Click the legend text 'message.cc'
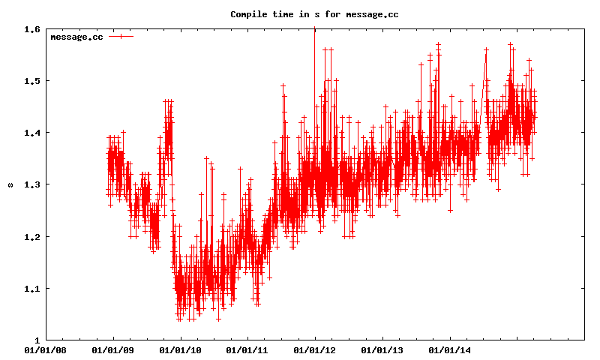coord(76,37)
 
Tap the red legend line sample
coord(121,37)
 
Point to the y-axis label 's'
coord(10,184)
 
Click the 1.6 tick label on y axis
coord(32,29)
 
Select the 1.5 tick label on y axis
coord(32,81)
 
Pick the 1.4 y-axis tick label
coord(32,133)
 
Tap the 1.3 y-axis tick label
coord(32,184)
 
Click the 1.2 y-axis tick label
coord(32,237)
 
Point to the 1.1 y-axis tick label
coord(32,289)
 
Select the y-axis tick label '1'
coord(38,340)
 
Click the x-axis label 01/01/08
coord(46,350)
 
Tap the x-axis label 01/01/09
coord(113,350)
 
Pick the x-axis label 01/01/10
coord(180,350)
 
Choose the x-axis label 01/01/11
coord(247,350)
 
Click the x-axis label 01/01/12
coord(315,350)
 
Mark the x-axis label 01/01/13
coord(382,350)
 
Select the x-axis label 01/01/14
coord(449,350)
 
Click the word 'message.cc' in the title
coord(371,14)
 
